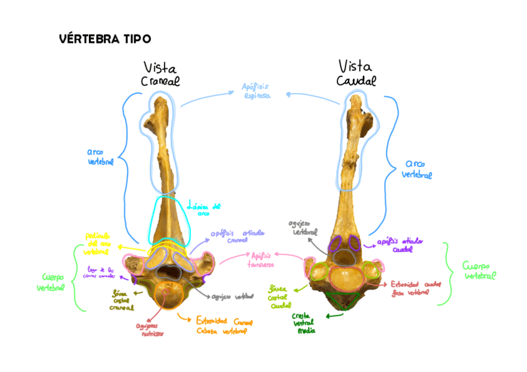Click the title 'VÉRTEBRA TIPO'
click(105, 39)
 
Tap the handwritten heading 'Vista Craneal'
click(160, 74)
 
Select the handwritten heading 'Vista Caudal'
click(356, 73)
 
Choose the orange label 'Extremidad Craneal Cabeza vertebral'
click(224, 326)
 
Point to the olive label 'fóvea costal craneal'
click(122, 300)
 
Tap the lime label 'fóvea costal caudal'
click(280, 297)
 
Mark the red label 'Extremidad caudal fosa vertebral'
click(416, 287)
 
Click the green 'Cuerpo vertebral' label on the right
click(479, 271)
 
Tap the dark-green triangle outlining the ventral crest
click(342, 302)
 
